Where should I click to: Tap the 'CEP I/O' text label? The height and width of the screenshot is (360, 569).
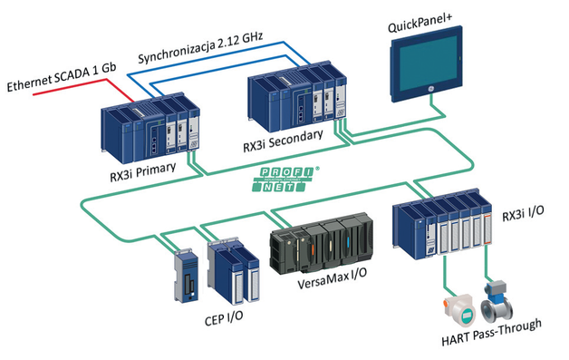[222, 318]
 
